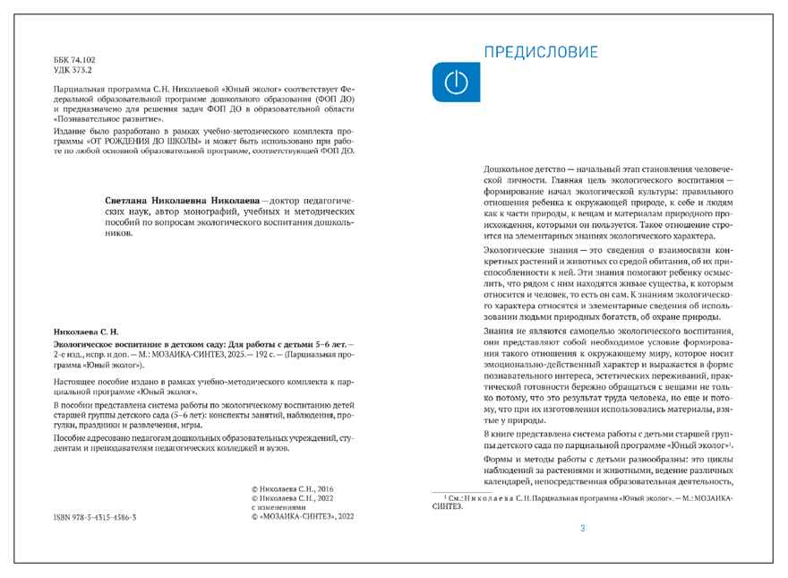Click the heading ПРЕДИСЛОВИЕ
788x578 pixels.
tap(541, 52)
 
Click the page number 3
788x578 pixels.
tap(583, 529)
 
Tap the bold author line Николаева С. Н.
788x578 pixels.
tap(87, 332)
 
